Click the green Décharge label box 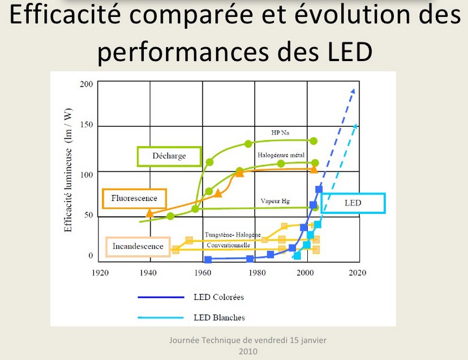169,156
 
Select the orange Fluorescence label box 135,198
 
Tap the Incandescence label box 138,246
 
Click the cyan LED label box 353,203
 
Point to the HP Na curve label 280,134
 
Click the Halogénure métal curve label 281,155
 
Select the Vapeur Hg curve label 275,201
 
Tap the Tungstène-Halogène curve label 233,234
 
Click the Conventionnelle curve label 229,245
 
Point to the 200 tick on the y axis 86,84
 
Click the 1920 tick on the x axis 100,272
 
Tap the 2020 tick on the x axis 357,272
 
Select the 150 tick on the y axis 86,125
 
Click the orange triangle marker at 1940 149,213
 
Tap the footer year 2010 248,351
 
